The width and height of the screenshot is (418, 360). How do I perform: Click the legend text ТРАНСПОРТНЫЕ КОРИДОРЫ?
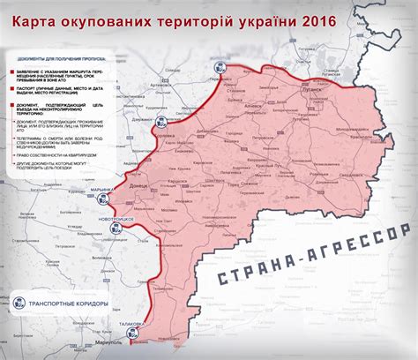tap(69, 304)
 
